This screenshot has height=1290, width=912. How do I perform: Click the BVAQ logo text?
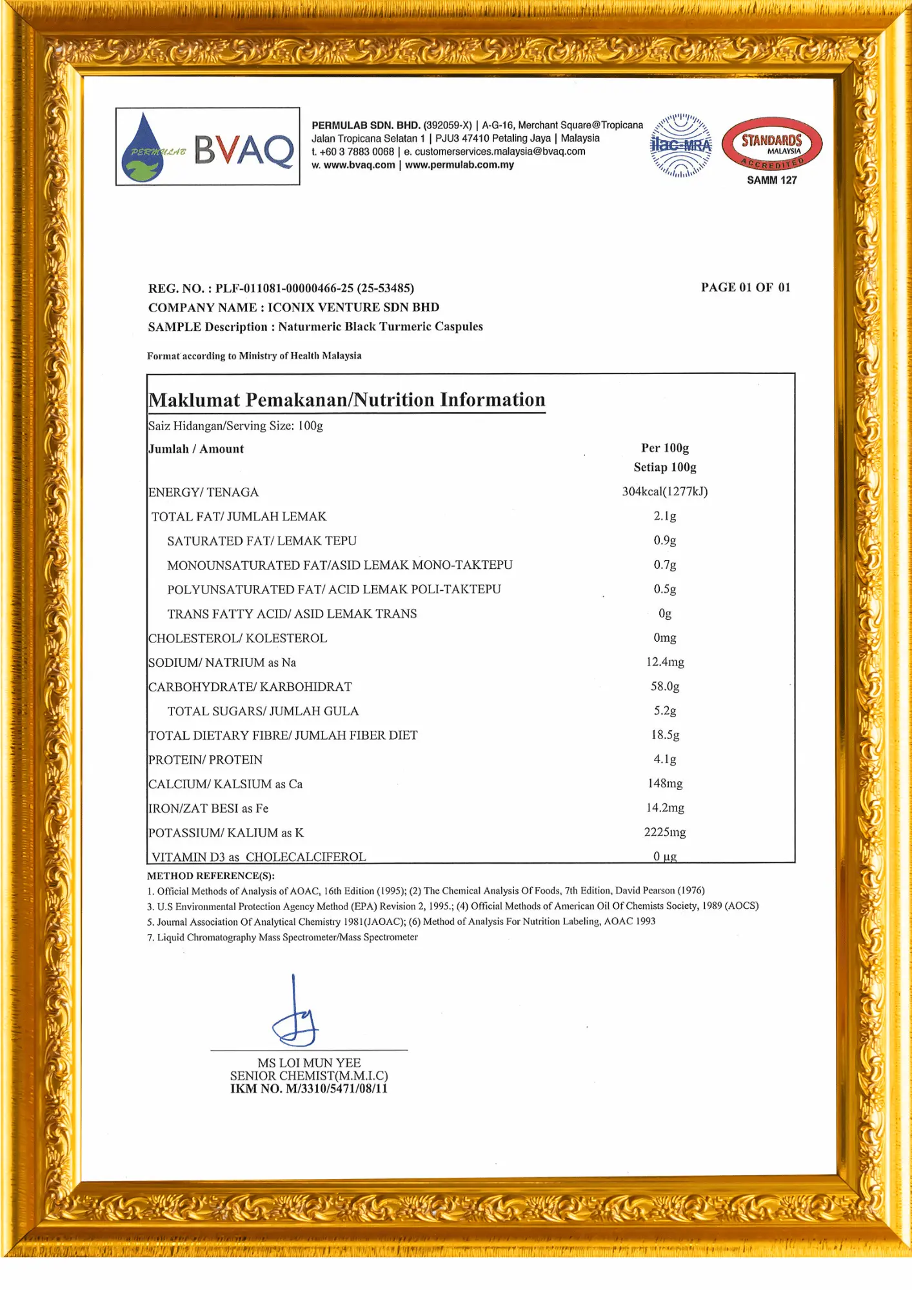[244, 150]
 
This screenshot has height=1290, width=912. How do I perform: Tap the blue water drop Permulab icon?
[143, 150]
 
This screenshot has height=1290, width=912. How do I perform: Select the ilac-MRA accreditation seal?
[681, 145]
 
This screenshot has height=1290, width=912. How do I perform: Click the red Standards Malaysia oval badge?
[771, 144]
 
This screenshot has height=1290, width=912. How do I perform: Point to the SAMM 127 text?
[771, 181]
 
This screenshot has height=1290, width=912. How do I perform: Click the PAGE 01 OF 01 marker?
[746, 288]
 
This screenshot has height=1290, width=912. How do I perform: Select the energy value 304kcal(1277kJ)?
[664, 491]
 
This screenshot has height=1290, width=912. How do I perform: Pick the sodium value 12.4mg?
[665, 662]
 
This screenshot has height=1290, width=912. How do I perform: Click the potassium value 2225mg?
[665, 832]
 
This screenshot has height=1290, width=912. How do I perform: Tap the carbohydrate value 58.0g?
[665, 686]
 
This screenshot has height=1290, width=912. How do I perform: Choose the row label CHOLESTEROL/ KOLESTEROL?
[237, 638]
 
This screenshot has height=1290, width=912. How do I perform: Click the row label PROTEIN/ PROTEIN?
[205, 760]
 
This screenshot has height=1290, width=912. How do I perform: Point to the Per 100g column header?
[665, 448]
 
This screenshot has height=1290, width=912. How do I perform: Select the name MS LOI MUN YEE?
[309, 1062]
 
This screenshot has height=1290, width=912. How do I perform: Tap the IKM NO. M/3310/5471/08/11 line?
[309, 1089]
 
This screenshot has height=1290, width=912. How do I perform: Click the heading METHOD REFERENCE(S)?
[211, 876]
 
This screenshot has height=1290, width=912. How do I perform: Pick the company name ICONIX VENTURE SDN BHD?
[353, 308]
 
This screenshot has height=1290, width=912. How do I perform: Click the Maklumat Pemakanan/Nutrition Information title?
[347, 400]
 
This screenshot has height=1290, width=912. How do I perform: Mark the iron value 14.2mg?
[665, 808]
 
